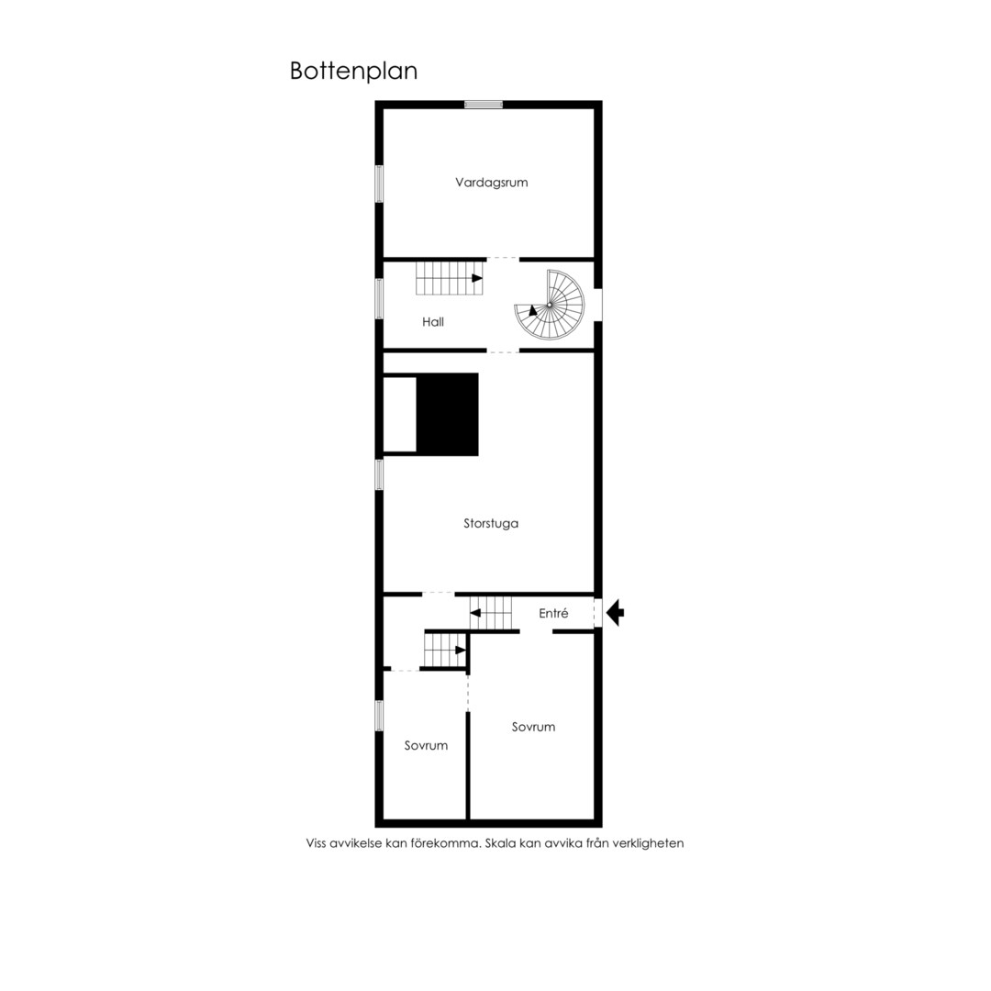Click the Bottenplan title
click(x=353, y=71)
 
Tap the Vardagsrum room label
click(x=491, y=183)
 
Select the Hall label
click(x=433, y=322)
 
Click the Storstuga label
click(x=490, y=523)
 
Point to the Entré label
click(x=553, y=613)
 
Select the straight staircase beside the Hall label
click(x=449, y=278)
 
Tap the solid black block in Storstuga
click(x=447, y=414)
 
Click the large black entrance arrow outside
click(x=615, y=612)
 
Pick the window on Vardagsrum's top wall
click(x=484, y=105)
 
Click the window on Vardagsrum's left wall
click(x=379, y=184)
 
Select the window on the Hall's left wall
click(x=379, y=298)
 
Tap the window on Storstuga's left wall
click(x=379, y=474)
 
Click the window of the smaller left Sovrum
click(x=379, y=716)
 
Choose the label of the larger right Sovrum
click(x=533, y=727)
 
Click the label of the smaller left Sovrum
click(x=426, y=746)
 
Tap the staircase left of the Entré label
click(x=490, y=612)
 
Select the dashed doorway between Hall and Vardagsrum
click(x=503, y=259)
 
